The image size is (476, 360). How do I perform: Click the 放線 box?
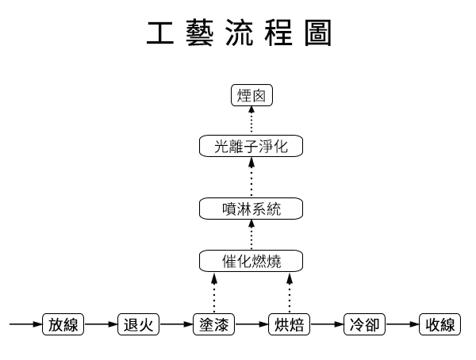63,324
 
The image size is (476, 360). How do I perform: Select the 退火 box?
138,324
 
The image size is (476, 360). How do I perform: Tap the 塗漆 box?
213,324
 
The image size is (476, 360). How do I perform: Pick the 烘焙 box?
289,324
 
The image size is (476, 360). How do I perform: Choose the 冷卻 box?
365,324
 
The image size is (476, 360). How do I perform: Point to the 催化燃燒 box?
251,259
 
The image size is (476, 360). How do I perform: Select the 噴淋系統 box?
251,209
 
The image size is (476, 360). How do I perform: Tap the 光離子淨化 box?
251,146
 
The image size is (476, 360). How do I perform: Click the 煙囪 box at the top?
251,96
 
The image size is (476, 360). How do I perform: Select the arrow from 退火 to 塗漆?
176,324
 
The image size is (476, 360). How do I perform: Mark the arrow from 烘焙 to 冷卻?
327,324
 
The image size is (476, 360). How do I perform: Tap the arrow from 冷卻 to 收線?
403,324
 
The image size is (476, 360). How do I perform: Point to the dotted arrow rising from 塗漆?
213,293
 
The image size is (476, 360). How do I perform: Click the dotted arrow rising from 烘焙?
289,293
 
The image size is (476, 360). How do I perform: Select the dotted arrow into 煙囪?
251,121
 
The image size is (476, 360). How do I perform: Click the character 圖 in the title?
317,33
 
